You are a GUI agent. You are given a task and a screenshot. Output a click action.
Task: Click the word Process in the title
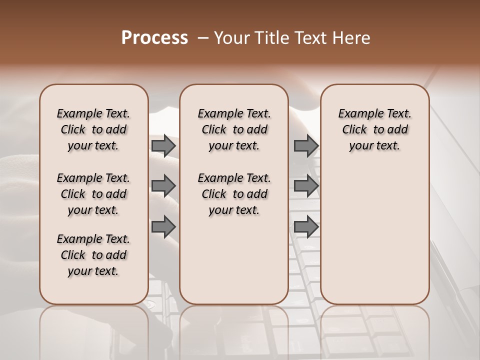tap(154, 38)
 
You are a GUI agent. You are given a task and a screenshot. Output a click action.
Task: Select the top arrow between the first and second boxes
tap(163, 146)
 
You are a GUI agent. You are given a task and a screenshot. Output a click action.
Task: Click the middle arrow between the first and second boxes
tap(163, 186)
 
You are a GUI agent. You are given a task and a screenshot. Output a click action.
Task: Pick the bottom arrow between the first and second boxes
tap(163, 226)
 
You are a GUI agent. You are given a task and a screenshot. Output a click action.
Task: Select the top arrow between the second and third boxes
tap(306, 146)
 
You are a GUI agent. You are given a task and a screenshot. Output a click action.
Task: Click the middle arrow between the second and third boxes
tap(306, 186)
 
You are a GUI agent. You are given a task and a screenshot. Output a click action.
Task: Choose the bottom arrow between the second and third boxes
tap(306, 226)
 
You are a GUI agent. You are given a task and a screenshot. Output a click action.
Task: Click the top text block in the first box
tap(93, 129)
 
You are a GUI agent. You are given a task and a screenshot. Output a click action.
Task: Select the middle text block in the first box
tap(93, 194)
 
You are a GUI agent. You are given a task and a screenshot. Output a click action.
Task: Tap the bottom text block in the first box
tap(93, 255)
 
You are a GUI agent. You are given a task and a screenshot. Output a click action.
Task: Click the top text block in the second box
tap(234, 129)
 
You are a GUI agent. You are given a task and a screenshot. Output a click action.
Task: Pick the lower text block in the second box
tap(234, 194)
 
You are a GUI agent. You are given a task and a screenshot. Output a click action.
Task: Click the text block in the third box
tap(375, 129)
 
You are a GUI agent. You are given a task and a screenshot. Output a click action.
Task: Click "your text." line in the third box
tap(374, 146)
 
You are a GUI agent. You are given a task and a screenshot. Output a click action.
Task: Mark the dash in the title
tap(203, 38)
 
